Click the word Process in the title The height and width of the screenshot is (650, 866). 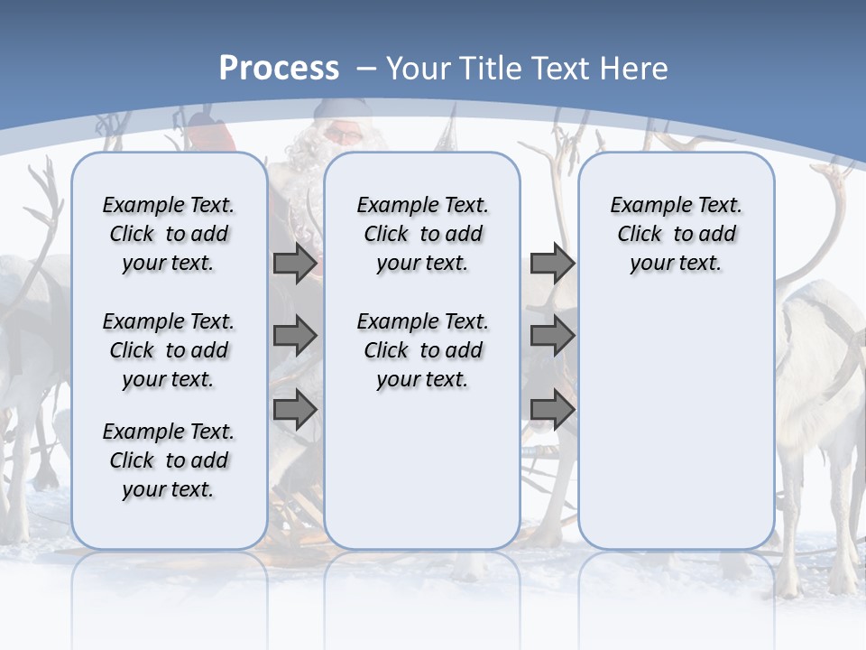[x=279, y=69]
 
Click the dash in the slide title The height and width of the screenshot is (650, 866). [x=366, y=70]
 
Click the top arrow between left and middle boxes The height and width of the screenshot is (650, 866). [x=295, y=264]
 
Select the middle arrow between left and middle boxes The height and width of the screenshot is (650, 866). [x=295, y=337]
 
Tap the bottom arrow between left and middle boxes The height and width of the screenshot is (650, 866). [x=295, y=410]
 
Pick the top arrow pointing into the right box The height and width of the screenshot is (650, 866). [x=552, y=264]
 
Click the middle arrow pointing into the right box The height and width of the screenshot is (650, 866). [x=552, y=337]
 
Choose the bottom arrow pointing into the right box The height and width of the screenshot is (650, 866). [x=552, y=410]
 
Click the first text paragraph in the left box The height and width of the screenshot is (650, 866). [x=169, y=234]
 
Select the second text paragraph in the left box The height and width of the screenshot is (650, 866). [x=169, y=350]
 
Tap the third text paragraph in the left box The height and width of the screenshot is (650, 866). [x=169, y=460]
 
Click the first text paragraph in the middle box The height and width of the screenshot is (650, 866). [x=422, y=234]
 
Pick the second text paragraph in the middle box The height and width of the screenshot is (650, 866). [x=422, y=350]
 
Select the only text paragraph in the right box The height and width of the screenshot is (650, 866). [x=676, y=234]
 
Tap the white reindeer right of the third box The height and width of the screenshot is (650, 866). [x=821, y=379]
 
